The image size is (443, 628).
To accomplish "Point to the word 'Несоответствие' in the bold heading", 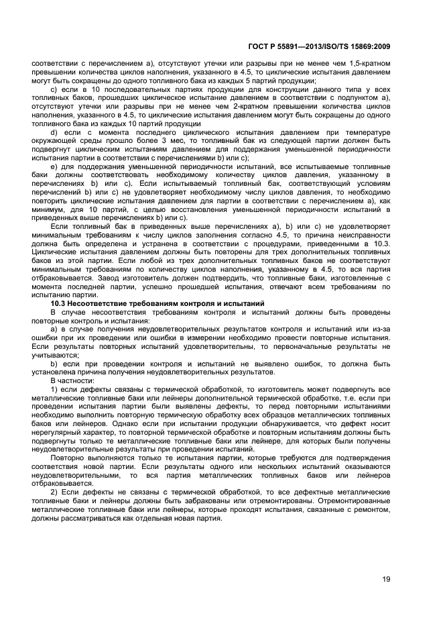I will [102, 305].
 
